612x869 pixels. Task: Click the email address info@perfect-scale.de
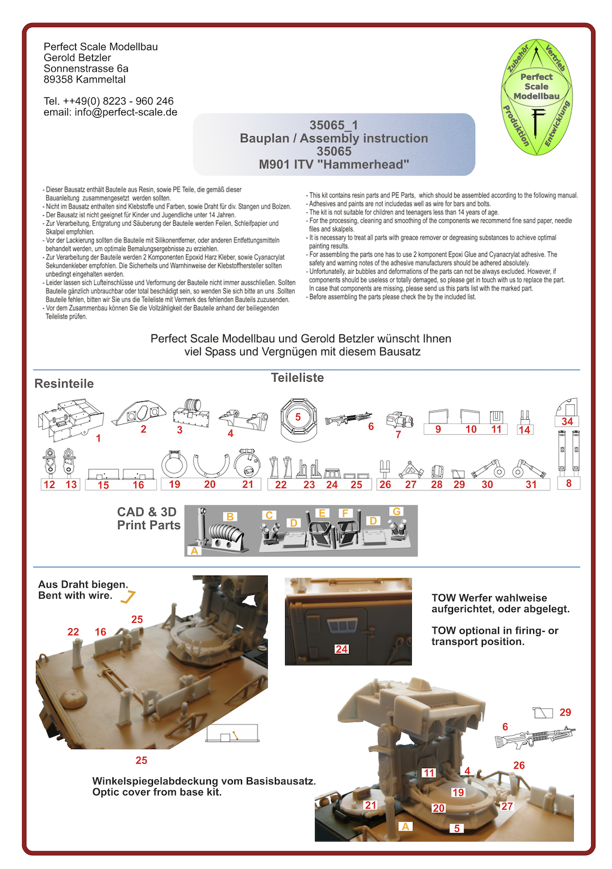(x=126, y=112)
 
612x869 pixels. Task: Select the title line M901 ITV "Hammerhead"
(x=333, y=165)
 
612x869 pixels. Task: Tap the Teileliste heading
(x=297, y=378)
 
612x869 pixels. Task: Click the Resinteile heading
(x=64, y=384)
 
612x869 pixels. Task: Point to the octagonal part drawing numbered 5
(x=298, y=419)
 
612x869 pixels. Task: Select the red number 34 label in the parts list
(x=567, y=422)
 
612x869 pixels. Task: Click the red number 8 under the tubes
(x=568, y=484)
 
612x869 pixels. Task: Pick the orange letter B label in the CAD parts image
(x=230, y=517)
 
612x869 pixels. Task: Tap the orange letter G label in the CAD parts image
(x=396, y=512)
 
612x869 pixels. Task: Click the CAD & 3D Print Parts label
(x=148, y=519)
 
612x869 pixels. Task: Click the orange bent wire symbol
(x=128, y=596)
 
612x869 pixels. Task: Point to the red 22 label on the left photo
(x=73, y=632)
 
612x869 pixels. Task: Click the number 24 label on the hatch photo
(x=341, y=649)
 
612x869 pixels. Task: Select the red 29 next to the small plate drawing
(x=565, y=713)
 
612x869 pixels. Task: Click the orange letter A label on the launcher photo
(x=406, y=827)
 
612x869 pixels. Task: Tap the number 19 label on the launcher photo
(x=458, y=793)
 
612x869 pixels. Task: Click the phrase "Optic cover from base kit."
(x=157, y=793)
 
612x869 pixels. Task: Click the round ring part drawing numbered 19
(x=174, y=464)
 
